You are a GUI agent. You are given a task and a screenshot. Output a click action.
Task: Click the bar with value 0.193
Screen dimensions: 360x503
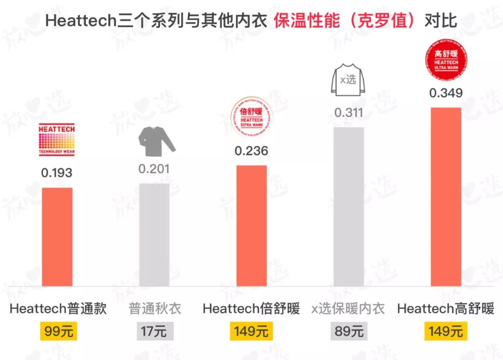point(57,237)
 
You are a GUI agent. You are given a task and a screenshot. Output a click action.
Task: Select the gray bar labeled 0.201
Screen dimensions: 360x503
point(154,234)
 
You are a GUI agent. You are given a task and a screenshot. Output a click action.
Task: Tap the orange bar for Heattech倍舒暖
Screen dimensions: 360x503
point(251,225)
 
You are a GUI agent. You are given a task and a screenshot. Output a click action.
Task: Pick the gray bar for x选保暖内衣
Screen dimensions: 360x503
point(349,206)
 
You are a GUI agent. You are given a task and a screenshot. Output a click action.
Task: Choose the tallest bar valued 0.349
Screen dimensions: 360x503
point(446,197)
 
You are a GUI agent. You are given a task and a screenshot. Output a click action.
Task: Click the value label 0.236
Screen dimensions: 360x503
point(251,151)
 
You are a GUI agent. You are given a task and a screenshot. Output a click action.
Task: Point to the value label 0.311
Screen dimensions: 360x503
point(349,112)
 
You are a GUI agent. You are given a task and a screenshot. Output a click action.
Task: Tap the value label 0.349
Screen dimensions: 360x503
point(446,93)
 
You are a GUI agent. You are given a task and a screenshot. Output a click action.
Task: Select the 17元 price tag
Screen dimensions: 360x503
point(155,332)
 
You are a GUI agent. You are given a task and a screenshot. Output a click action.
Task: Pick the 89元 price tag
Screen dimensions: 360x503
point(349,332)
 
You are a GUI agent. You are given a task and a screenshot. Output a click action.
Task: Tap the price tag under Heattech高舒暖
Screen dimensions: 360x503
point(446,332)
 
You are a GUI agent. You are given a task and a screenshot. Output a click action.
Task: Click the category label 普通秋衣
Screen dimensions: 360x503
point(155,308)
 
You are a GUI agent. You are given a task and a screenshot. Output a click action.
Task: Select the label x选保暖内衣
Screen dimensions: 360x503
point(348,308)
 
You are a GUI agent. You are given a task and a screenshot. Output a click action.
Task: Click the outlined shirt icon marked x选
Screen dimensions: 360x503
point(348,81)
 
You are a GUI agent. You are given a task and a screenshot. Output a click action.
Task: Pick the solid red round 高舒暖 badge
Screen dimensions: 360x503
point(446,59)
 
